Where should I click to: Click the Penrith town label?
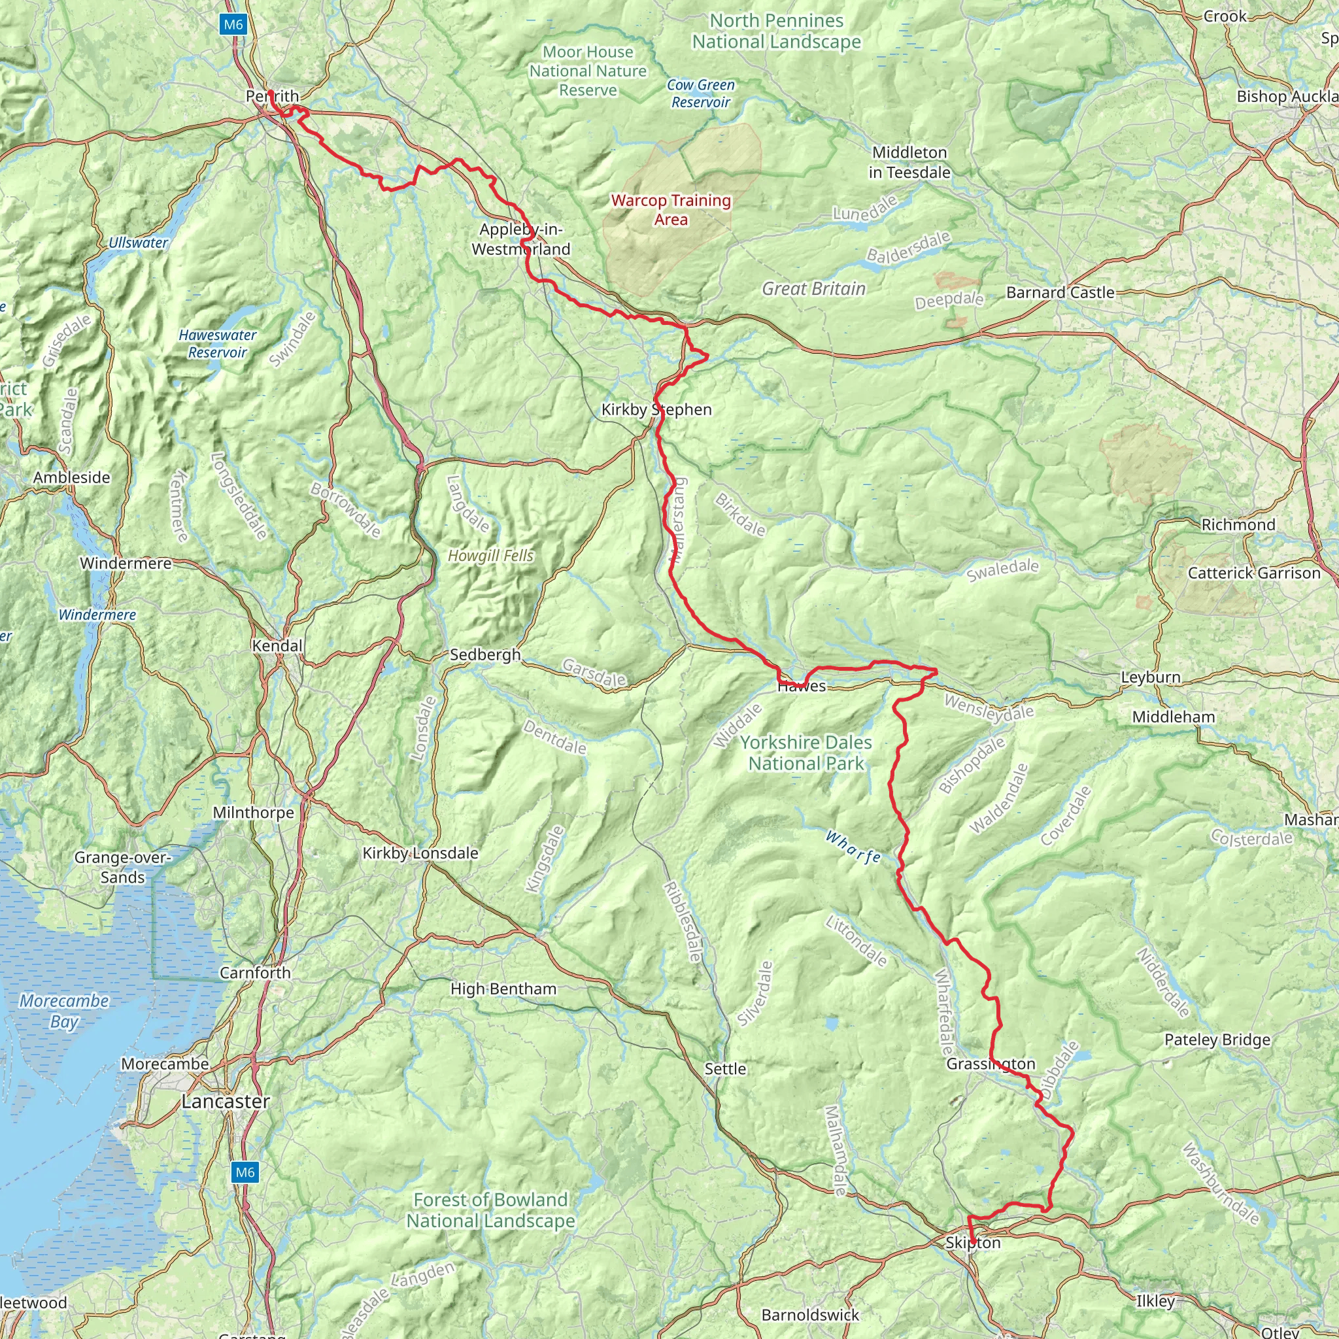pos(273,96)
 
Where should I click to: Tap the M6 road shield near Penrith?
pos(233,25)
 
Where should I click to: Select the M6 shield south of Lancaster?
pos(245,1172)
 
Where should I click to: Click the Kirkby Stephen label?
pos(656,409)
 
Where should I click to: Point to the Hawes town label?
pos(802,686)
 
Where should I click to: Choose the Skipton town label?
pos(973,1243)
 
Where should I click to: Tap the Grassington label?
pos(991,1064)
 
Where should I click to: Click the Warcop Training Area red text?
pos(671,210)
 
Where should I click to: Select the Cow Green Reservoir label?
pos(701,93)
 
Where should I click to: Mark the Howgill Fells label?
pos(491,556)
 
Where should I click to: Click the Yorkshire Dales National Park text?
pos(806,753)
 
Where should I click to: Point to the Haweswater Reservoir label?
pos(218,344)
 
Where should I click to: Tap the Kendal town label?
pos(277,646)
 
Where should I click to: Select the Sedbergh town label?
pos(485,654)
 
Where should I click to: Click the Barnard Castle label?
pos(1060,292)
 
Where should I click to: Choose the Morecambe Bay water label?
pos(64,1011)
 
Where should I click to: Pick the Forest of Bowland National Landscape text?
pos(491,1210)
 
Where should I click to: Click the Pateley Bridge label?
pos(1217,1040)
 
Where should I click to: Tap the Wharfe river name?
pos(853,847)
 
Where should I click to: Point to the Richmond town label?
pos(1238,524)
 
